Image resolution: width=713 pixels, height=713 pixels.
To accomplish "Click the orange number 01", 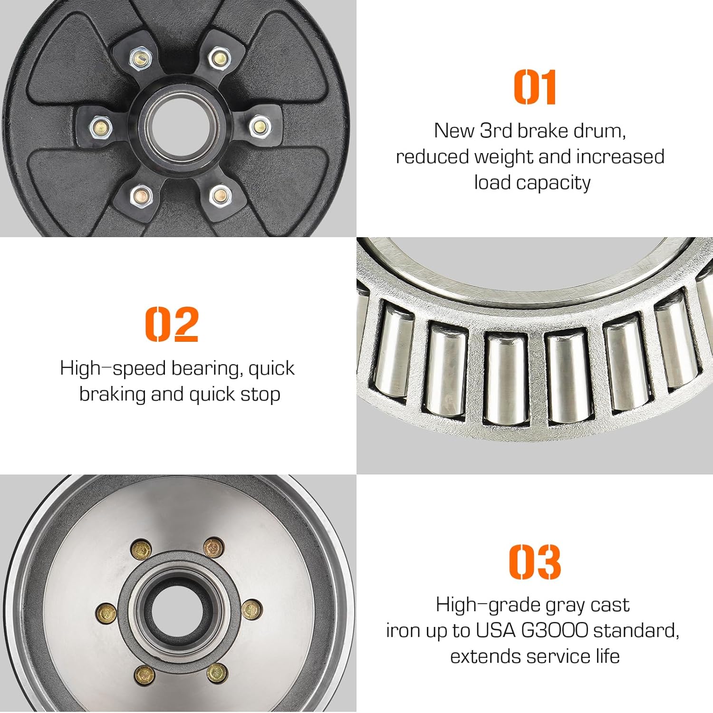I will point(535,87).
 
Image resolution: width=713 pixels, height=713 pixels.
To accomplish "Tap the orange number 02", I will point(172,324).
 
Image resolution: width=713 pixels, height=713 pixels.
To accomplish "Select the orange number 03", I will point(535,562).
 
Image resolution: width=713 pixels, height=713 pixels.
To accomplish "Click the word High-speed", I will point(113,368).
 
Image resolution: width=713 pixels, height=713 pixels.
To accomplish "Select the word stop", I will point(260,395).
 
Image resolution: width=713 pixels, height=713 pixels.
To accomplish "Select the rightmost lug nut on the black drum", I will point(260,126).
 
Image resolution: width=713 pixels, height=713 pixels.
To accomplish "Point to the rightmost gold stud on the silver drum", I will point(251,608).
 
